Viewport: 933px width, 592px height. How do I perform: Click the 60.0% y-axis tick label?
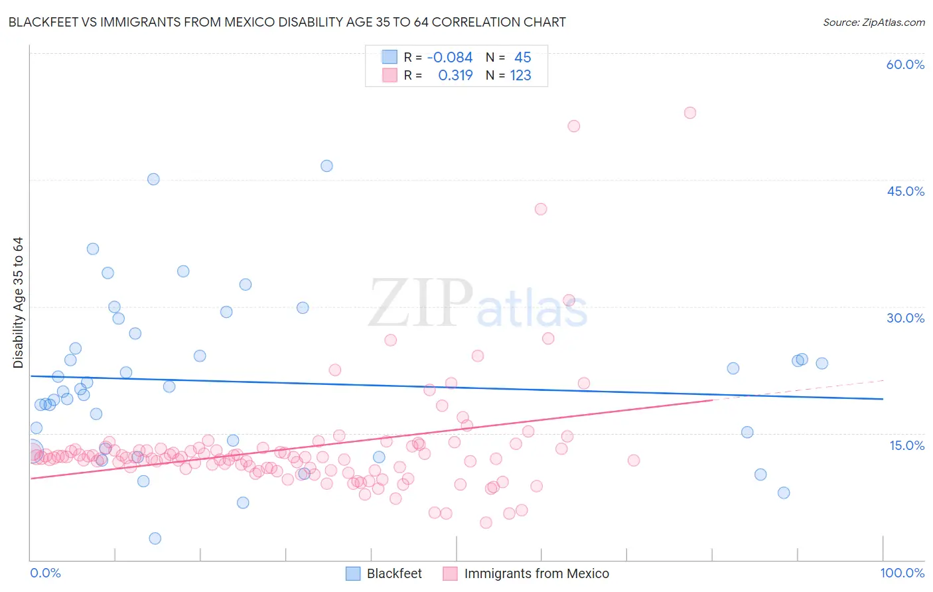pyautogui.click(x=905, y=64)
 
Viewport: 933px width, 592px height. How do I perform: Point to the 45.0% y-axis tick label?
pyautogui.click(x=905, y=191)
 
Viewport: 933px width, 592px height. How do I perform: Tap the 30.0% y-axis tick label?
pyautogui.click(x=905, y=318)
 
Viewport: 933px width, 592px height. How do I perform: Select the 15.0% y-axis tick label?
pyautogui.click(x=906, y=445)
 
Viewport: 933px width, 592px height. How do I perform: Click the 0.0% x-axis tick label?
pyautogui.click(x=45, y=573)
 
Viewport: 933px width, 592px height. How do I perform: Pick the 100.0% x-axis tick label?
pyautogui.click(x=902, y=573)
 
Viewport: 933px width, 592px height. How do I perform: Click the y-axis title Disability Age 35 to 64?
pyautogui.click(x=18, y=303)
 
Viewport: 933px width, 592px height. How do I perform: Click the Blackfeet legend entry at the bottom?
pyautogui.click(x=394, y=573)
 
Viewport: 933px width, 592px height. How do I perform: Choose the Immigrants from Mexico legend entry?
pyautogui.click(x=536, y=573)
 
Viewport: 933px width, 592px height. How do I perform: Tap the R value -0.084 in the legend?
pyautogui.click(x=450, y=58)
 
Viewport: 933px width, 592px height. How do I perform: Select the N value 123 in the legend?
pyautogui.click(x=520, y=76)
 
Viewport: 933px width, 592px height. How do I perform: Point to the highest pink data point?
pyautogui.click(x=690, y=113)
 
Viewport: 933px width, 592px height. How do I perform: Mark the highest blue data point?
pyautogui.click(x=326, y=166)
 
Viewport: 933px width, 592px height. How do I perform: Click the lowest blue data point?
pyautogui.click(x=155, y=538)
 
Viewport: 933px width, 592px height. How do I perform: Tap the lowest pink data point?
pyautogui.click(x=486, y=522)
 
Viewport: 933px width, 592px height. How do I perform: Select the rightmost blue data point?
pyautogui.click(x=822, y=363)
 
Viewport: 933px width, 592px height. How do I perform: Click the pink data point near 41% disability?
pyautogui.click(x=541, y=209)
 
